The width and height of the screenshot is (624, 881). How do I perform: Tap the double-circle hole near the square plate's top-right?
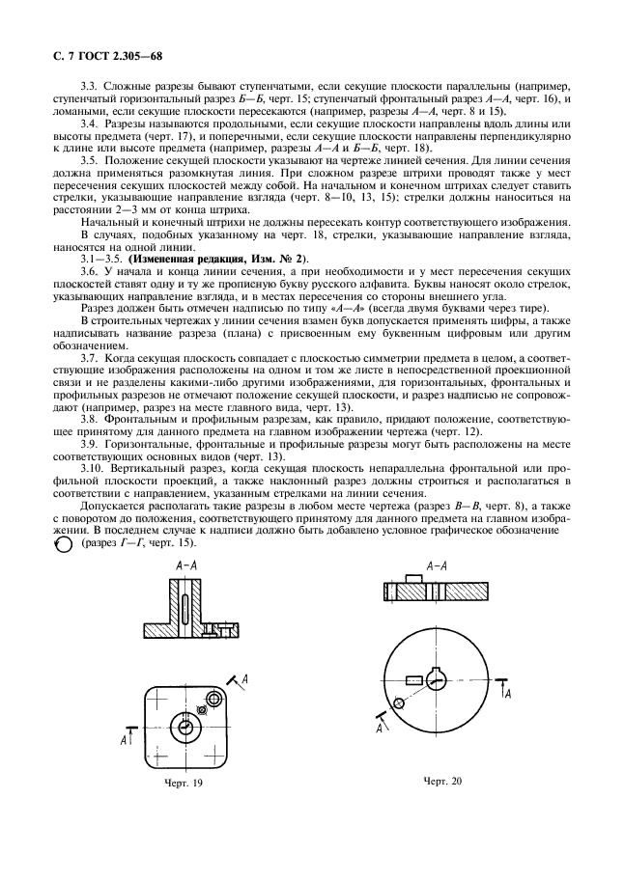point(201,711)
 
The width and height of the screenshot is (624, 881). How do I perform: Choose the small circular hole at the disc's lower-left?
point(396,712)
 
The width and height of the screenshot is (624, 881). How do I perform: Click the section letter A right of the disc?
point(508,694)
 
